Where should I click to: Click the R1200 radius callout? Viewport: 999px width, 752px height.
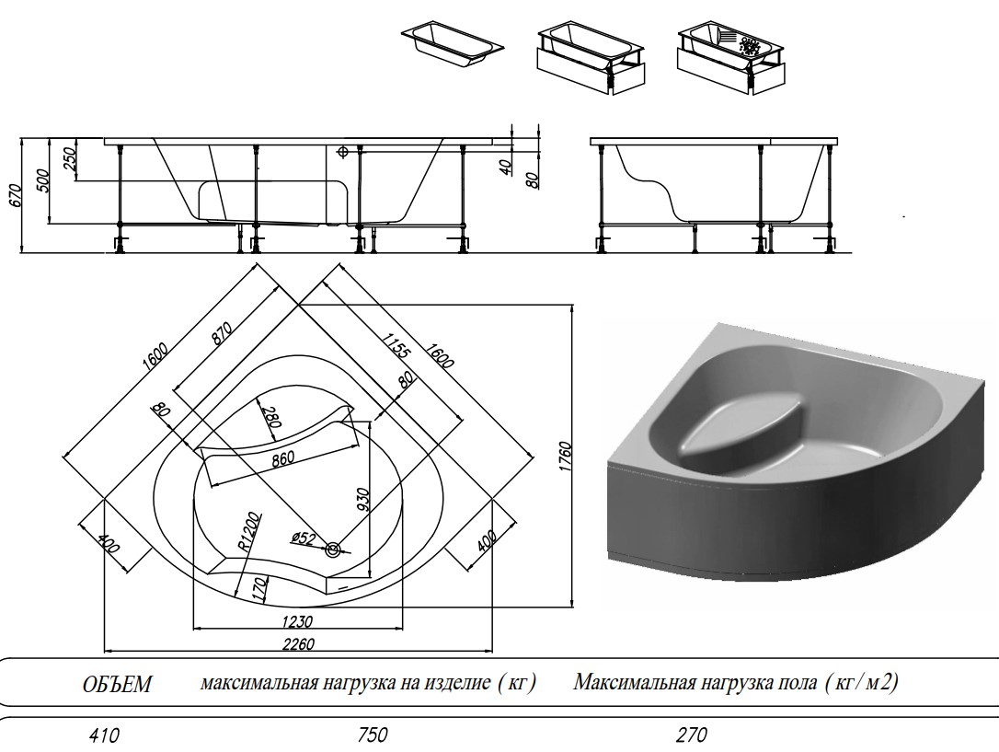point(247,530)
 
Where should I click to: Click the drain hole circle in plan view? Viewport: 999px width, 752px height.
point(332,550)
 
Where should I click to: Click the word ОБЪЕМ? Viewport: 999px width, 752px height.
point(117,685)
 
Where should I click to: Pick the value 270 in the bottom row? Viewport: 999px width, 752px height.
point(692,735)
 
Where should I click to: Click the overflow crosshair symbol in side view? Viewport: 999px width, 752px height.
point(342,152)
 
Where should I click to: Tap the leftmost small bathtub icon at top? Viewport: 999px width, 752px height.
point(452,41)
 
